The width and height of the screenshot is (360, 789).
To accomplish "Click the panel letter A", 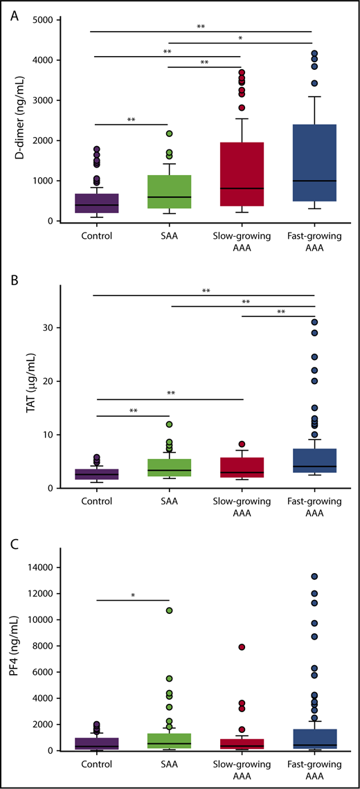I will [x=14, y=16].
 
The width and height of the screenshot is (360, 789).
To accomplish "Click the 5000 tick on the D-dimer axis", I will [x=39, y=20].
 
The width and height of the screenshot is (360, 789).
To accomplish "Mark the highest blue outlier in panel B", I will [x=314, y=322].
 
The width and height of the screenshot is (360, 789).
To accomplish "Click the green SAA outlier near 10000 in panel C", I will [x=169, y=610].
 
